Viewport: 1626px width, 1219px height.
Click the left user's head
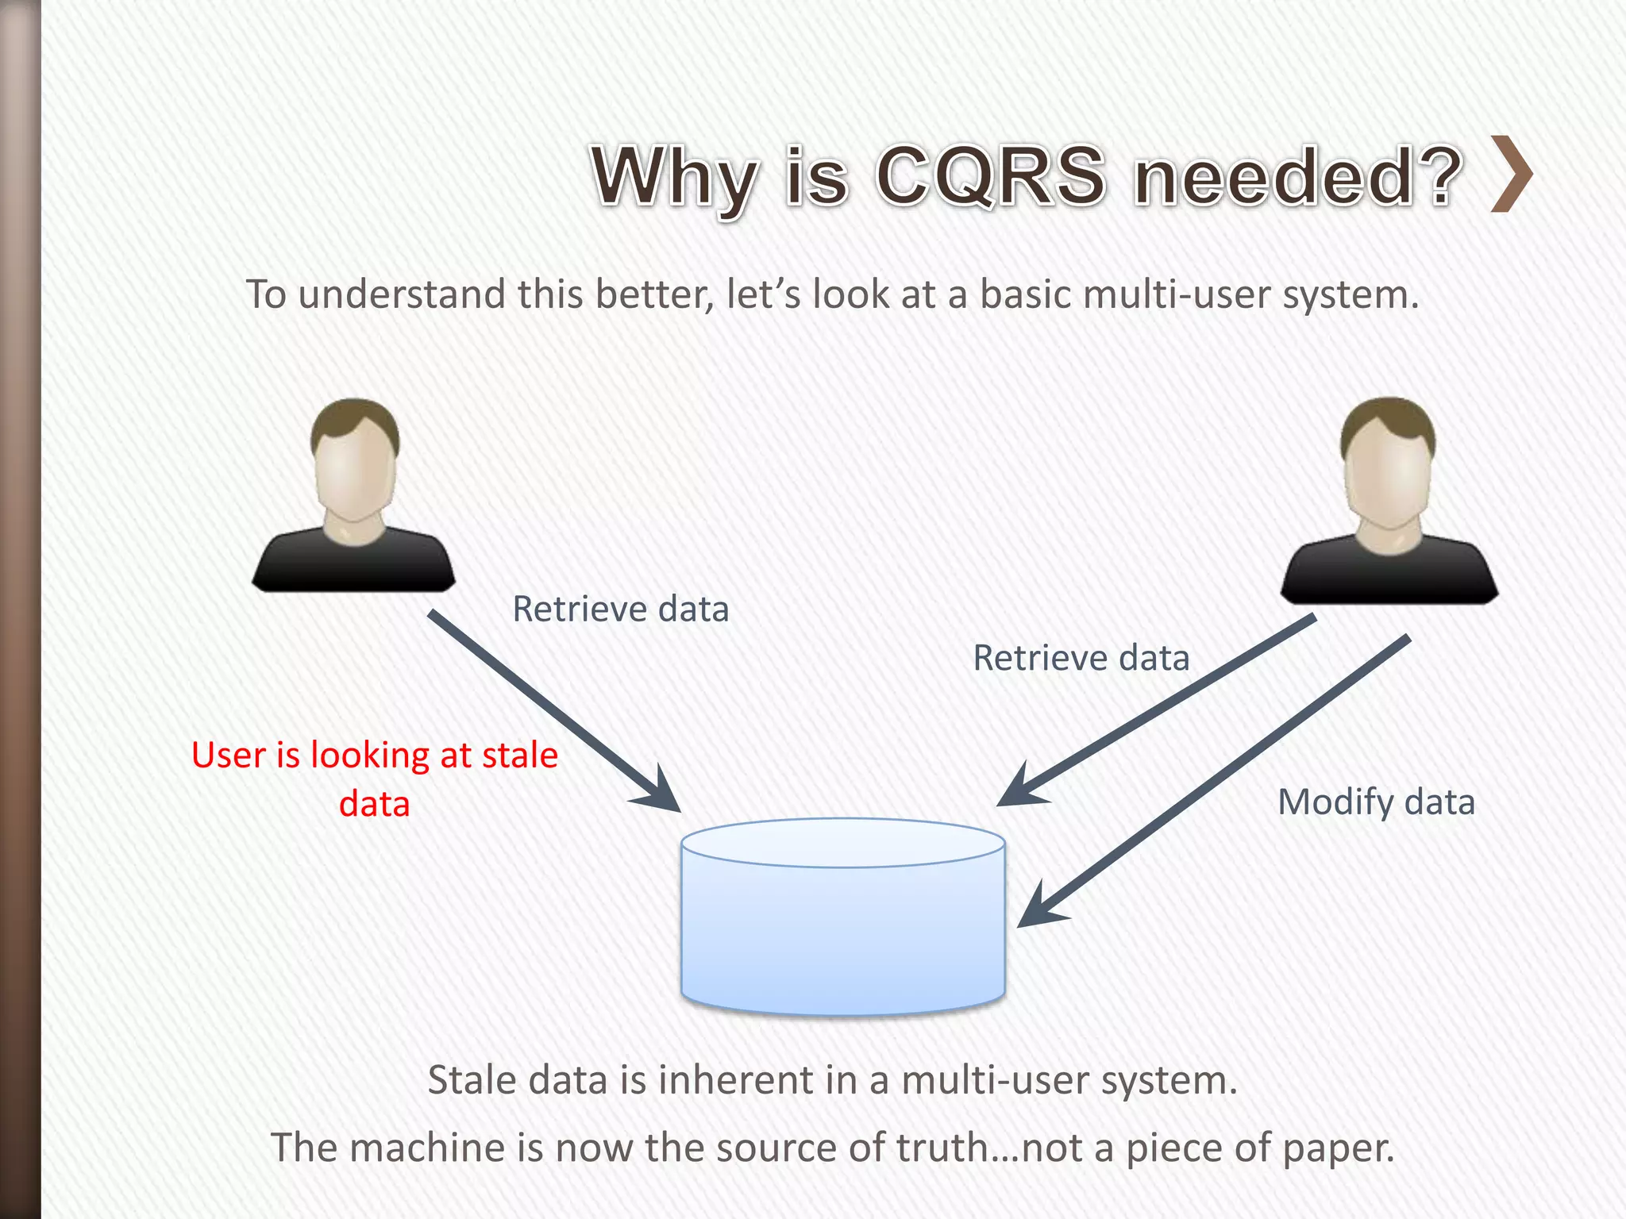355,464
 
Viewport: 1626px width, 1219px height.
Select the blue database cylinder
843,921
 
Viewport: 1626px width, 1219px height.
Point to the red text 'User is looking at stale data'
375,779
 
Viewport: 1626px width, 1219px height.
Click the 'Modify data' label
1376,802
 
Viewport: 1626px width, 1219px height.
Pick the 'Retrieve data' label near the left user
620,609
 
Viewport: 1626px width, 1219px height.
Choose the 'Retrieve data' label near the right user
1081,658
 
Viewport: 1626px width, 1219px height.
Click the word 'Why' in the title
674,176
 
